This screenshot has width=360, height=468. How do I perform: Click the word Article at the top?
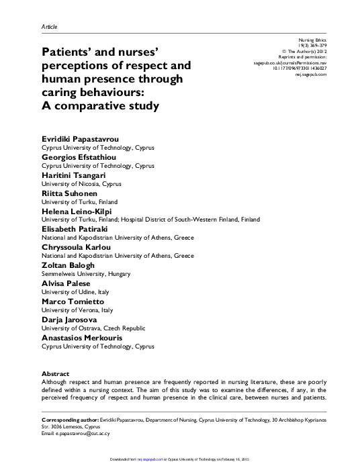[50, 26]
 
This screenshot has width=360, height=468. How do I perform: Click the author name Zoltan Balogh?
[68, 265]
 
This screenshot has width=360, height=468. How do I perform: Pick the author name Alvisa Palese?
[65, 283]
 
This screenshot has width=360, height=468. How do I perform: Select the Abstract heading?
[55, 373]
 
